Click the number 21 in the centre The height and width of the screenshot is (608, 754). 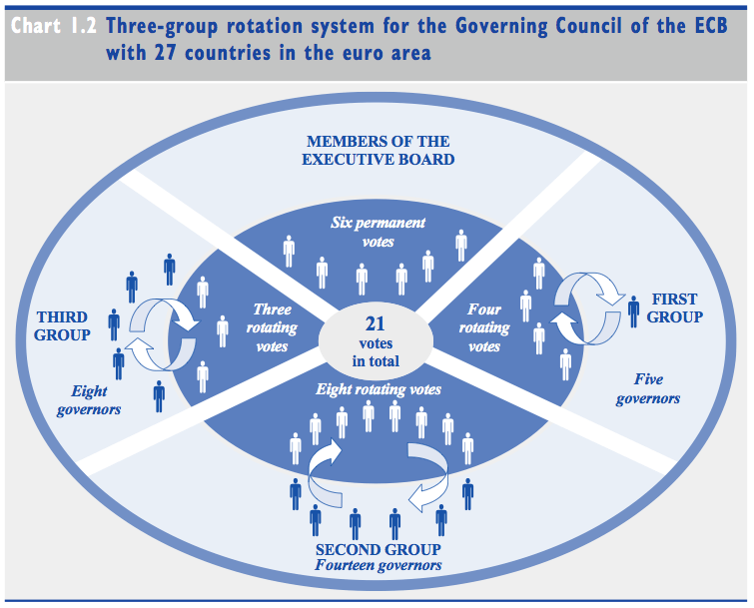tap(376, 323)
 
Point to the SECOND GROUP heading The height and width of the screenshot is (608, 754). tap(377, 550)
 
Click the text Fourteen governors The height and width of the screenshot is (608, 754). tap(377, 566)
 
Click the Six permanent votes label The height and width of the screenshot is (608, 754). tap(378, 232)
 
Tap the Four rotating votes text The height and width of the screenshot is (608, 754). tap(484, 327)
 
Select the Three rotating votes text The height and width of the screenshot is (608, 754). tap(272, 327)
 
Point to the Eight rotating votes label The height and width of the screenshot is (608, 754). tap(378, 388)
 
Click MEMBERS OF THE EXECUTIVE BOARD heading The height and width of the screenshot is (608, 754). tap(378, 150)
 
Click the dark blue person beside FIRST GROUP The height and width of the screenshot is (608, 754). tap(633, 309)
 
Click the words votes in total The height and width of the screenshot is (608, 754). tap(376, 351)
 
